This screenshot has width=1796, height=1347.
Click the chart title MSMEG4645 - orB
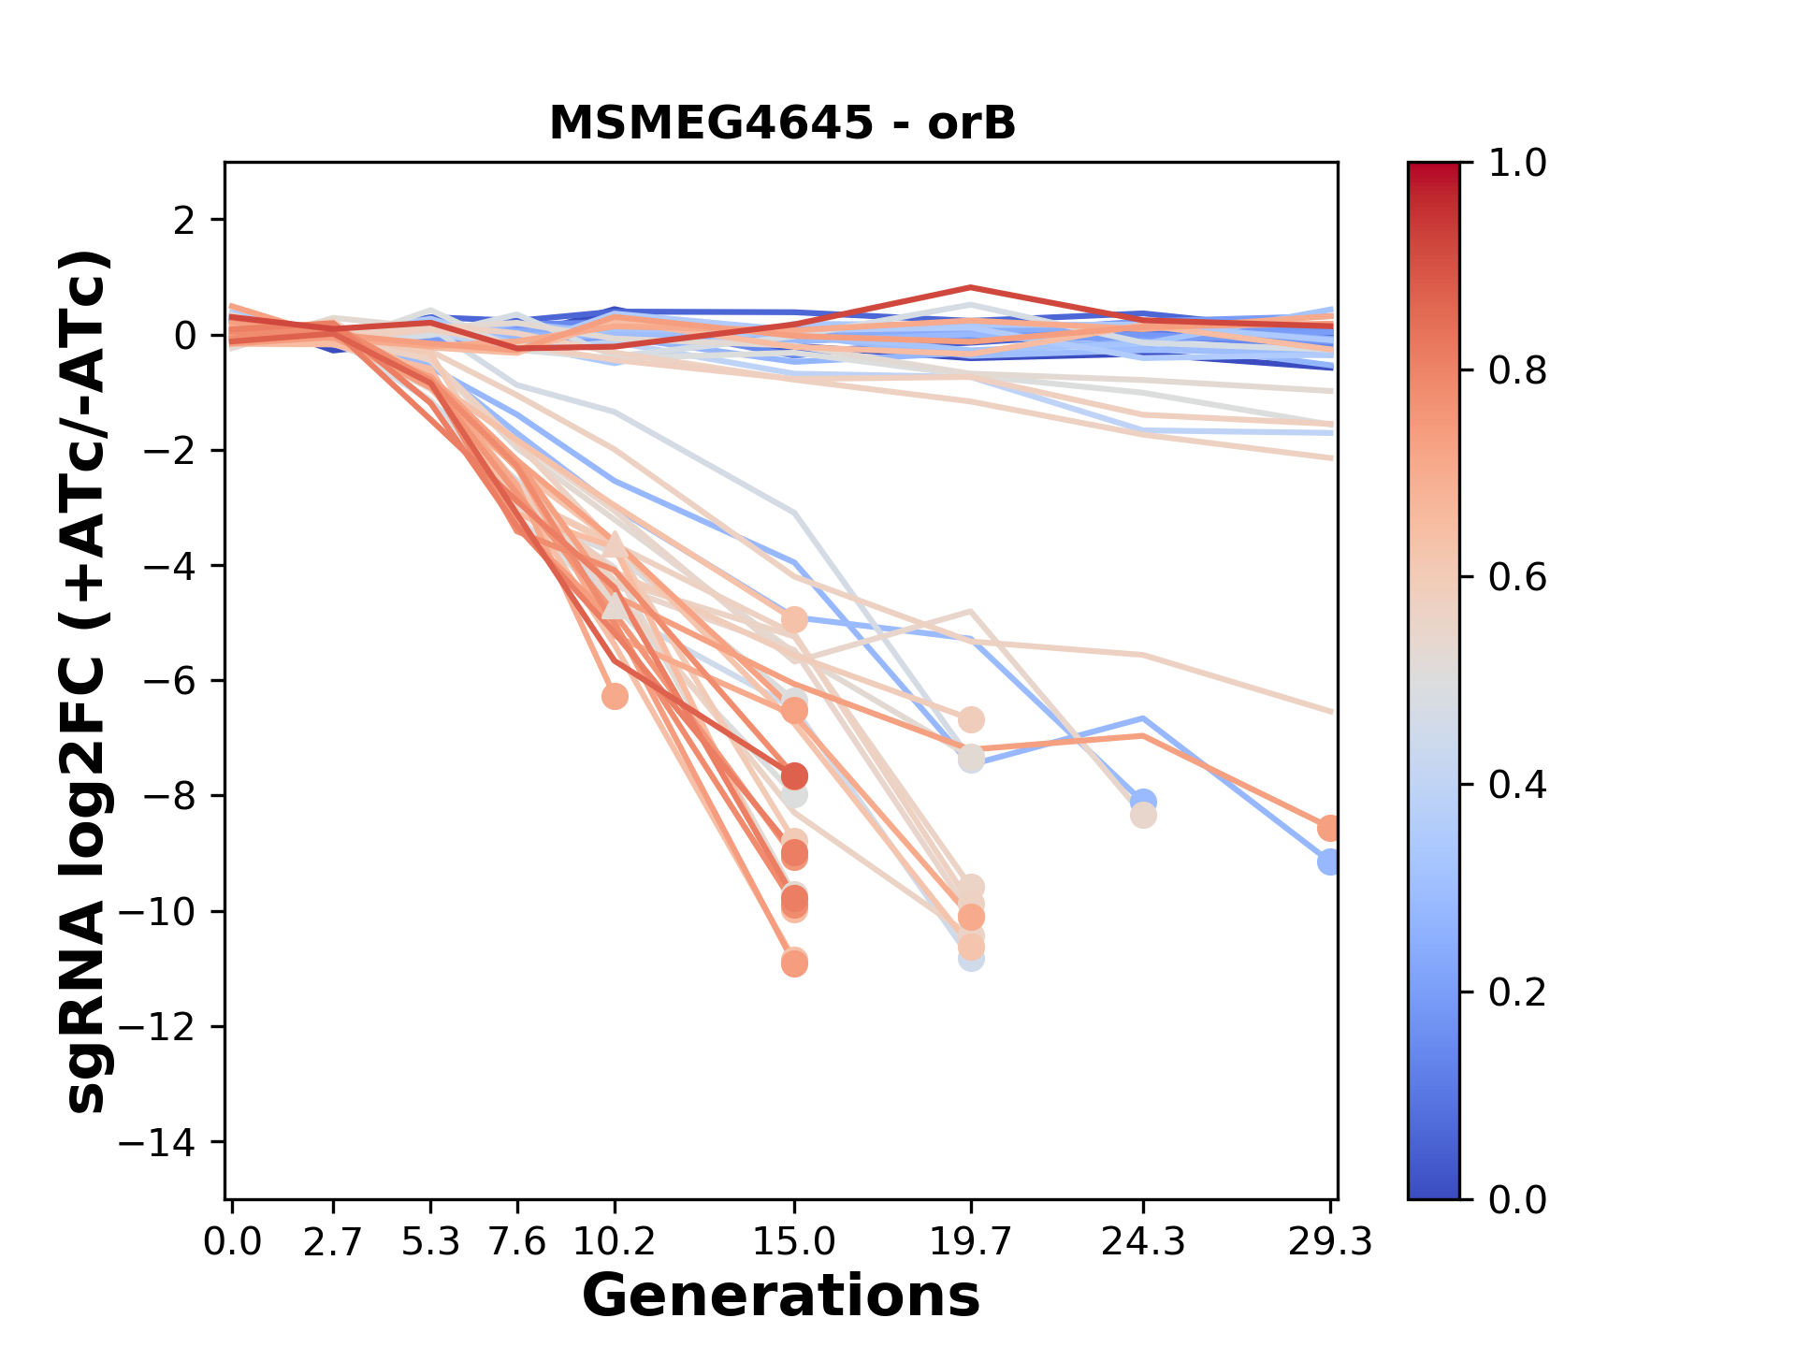click(782, 123)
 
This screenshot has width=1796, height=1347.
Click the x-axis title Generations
click(781, 1296)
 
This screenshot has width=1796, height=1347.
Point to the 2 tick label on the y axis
click(186, 221)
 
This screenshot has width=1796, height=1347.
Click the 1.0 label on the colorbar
click(1517, 164)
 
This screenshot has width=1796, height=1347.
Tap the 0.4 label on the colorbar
click(1517, 785)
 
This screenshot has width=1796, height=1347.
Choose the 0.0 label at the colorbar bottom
click(1517, 1199)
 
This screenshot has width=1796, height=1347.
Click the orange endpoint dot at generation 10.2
click(615, 696)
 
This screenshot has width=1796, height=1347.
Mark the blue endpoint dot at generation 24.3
click(1142, 801)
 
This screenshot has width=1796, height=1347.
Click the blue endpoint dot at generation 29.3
click(1329, 862)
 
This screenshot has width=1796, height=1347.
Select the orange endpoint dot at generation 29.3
click(1329, 828)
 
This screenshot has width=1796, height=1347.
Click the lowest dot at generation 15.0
click(794, 963)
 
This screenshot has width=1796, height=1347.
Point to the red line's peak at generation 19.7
click(971, 287)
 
